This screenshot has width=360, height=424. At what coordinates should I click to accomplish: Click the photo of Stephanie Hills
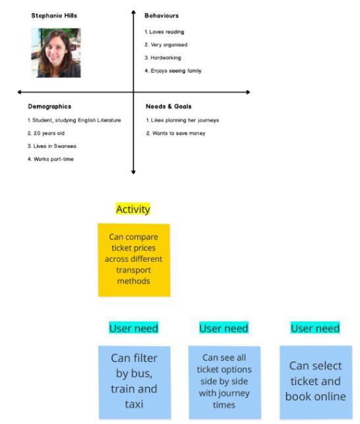[x=56, y=53]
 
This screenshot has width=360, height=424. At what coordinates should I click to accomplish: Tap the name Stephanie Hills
[x=54, y=16]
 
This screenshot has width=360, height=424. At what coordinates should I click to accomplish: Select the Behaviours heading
[x=162, y=16]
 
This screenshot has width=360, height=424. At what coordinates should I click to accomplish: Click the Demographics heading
[x=49, y=107]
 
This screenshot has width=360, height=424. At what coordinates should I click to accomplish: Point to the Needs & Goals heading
[x=169, y=107]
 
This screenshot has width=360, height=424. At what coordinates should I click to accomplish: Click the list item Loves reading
[x=164, y=32]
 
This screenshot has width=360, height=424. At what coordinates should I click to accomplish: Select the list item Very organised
[x=165, y=45]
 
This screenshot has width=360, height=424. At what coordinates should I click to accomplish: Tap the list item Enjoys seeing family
[x=173, y=71]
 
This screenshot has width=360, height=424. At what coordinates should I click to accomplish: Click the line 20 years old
[x=46, y=133]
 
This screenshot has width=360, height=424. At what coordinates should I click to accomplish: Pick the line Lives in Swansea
[x=52, y=146]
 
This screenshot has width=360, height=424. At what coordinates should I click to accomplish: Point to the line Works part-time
[x=51, y=159]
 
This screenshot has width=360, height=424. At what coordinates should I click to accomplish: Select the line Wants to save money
[x=176, y=133]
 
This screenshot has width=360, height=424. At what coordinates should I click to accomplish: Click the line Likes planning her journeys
[x=183, y=120]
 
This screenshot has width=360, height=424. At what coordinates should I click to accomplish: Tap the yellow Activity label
[x=133, y=209]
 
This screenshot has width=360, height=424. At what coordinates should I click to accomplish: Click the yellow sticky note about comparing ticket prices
[x=134, y=260]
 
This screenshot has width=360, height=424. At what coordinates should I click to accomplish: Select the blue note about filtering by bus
[x=135, y=382]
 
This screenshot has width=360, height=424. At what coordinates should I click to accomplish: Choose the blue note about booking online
[x=316, y=382]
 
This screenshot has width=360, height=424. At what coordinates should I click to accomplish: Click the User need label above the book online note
[x=315, y=328]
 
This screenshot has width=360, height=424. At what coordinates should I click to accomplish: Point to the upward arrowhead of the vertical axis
[x=133, y=12]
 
